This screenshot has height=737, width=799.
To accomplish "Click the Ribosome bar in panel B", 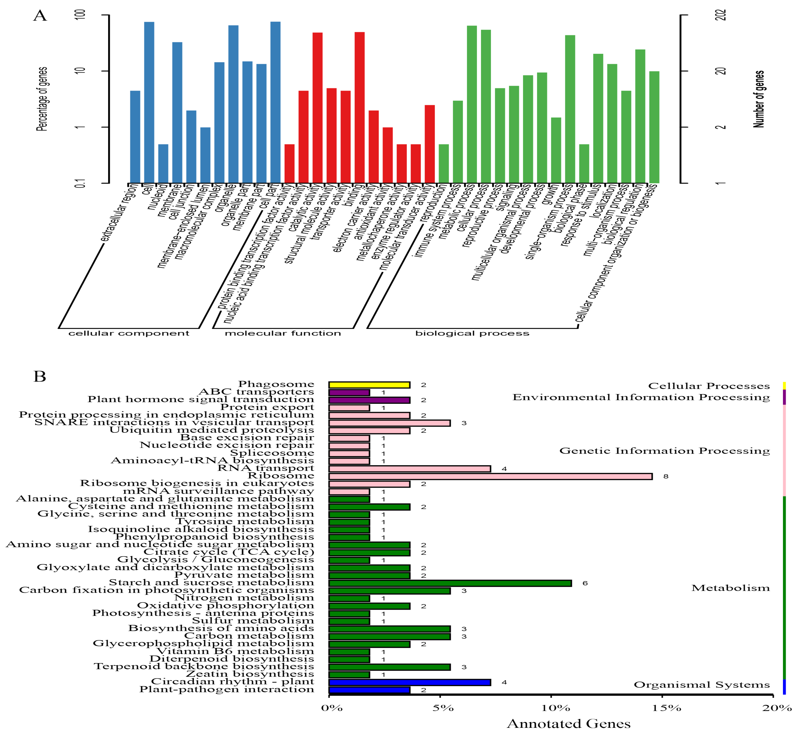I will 490,476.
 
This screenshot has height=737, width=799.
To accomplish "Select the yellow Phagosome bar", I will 369,385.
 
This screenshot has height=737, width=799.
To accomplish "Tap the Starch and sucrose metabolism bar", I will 450,583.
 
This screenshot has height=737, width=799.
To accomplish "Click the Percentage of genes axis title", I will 42,99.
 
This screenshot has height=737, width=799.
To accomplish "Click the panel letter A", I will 40,16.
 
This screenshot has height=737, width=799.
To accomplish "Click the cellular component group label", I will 129,333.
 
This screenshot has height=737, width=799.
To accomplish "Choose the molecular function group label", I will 283,333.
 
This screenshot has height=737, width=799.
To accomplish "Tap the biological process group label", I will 472,333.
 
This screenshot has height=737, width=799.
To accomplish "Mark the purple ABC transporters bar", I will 349,393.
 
